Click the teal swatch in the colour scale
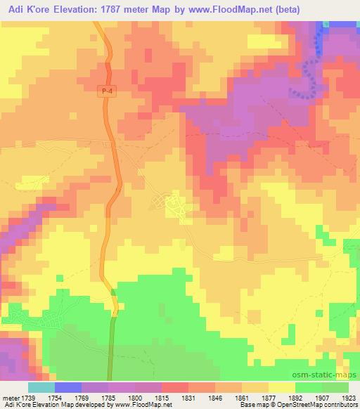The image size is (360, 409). click(x=41, y=387)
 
